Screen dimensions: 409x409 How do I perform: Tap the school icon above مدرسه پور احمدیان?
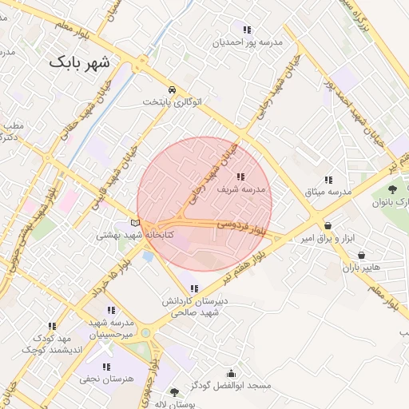point(247,30)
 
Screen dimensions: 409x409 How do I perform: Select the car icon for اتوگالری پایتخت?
point(173,89)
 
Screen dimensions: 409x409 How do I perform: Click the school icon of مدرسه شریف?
point(240,177)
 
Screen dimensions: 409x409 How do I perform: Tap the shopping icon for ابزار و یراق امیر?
point(328,226)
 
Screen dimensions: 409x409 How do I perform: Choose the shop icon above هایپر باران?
point(363,256)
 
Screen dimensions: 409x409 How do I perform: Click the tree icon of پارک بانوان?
point(392,189)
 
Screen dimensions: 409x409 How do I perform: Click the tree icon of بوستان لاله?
point(175,392)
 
